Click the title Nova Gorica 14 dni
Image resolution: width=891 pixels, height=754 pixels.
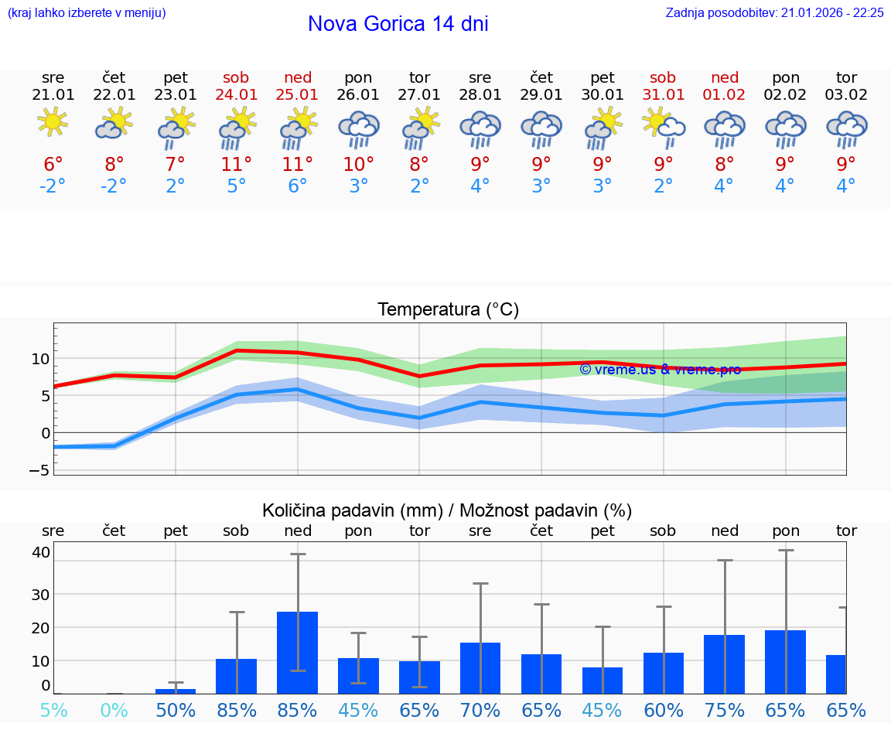point(398,24)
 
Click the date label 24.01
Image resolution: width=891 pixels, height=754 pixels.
point(237,95)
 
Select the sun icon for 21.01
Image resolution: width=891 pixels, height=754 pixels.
point(53,123)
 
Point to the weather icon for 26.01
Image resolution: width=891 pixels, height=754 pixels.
point(358,128)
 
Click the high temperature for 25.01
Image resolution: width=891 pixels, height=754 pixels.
point(298,165)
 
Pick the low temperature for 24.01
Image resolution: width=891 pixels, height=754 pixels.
point(237,186)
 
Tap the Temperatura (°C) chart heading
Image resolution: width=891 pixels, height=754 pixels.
point(448,310)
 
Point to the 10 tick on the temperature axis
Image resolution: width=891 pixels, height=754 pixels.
point(39,359)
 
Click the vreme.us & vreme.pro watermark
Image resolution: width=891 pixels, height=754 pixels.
point(660,370)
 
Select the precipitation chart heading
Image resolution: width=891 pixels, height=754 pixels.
point(447,510)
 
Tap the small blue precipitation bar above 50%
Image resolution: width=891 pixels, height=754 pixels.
point(176,691)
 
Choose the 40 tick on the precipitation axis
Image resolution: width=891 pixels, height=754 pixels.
point(41,551)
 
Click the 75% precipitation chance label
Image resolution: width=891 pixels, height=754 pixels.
point(725,710)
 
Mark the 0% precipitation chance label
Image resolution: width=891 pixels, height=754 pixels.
point(114,710)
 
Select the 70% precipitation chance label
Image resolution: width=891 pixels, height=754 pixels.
point(480,710)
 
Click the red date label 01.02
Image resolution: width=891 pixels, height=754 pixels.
point(725,95)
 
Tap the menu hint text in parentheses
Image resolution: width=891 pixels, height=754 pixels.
point(86,12)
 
